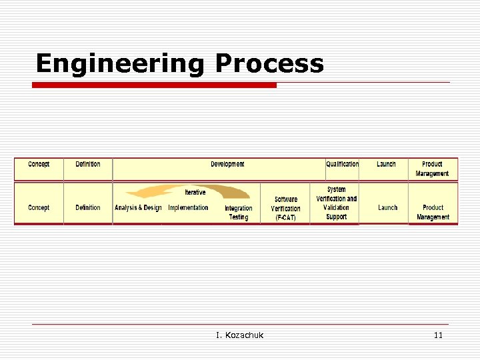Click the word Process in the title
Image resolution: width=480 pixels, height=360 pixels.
pos(269,64)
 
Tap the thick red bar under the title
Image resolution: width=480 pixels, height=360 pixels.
pos(155,85)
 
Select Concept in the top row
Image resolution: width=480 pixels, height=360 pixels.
pos(39,164)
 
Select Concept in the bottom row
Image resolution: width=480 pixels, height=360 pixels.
pos(39,208)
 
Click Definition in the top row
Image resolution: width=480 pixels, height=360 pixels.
pos(88,164)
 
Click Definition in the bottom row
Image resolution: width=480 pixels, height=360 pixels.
pos(88,208)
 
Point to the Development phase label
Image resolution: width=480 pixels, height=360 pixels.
pos(227,164)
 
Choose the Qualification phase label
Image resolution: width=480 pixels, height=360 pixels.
pos(342,164)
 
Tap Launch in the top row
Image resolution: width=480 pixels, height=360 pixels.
pos(386,164)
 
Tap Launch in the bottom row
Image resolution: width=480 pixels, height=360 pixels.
pos(387,208)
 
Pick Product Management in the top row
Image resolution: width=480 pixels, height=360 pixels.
pos(432,169)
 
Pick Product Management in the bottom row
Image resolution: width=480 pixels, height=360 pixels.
pos(433,212)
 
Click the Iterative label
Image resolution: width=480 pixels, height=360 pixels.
pos(195,193)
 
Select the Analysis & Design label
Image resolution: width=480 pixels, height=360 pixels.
pos(138,208)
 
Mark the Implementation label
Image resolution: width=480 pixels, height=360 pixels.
pos(188,208)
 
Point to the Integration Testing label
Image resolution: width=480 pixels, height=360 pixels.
pos(238,213)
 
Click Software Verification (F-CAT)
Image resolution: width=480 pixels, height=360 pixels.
pos(285,209)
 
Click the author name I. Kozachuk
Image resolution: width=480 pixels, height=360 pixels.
pos(239,335)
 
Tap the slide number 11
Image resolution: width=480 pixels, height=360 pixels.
pos(438,335)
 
